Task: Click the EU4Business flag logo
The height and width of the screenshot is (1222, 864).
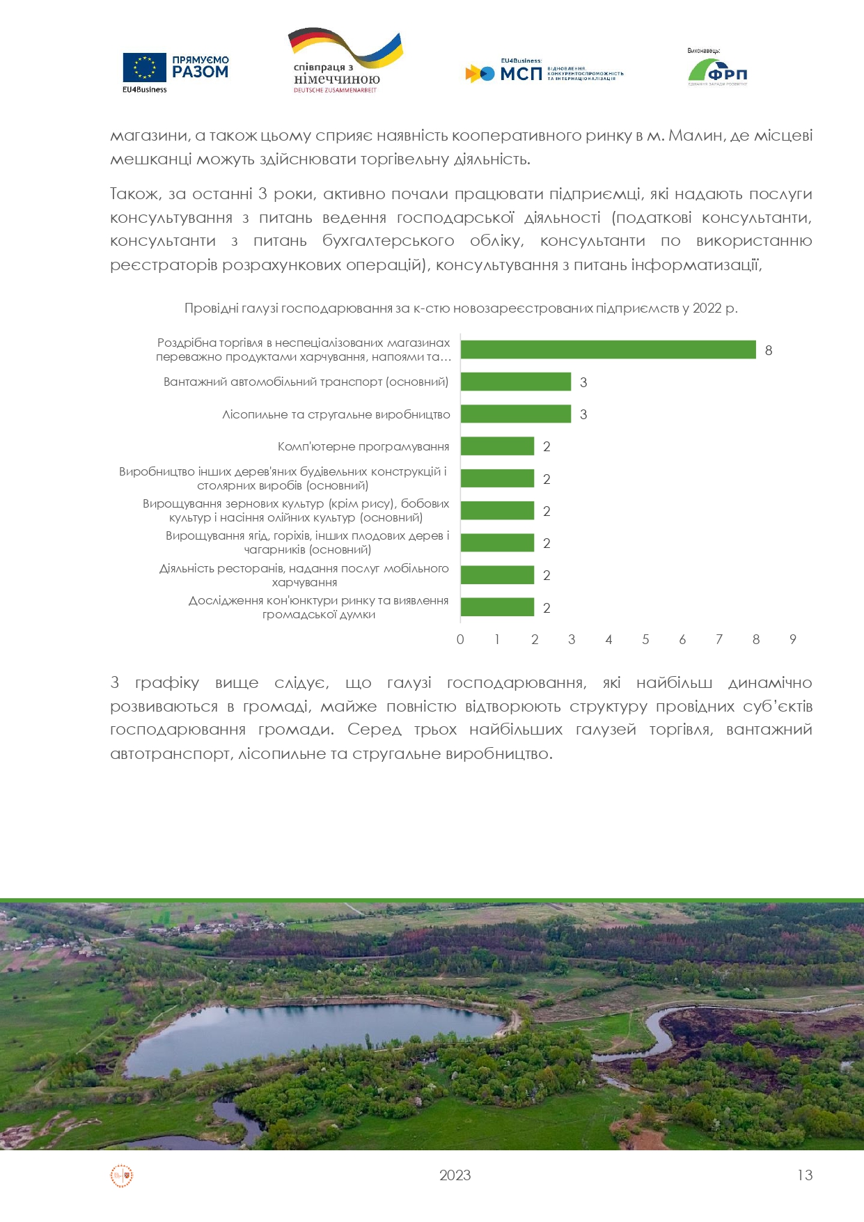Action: pos(145,68)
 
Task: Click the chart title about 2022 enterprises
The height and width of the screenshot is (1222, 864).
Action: pos(461,308)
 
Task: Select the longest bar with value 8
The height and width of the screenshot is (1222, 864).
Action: pos(608,350)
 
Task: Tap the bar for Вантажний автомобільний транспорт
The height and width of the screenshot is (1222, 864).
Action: pos(515,382)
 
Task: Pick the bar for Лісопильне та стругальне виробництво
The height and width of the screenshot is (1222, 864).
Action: pos(515,414)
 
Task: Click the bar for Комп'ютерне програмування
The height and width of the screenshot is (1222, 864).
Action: pos(497,446)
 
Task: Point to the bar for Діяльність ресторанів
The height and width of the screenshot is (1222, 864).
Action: pos(497,575)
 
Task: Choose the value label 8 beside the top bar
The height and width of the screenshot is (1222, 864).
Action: pos(769,350)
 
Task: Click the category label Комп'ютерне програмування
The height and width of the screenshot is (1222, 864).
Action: pos(363,446)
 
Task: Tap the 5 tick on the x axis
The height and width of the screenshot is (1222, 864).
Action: pos(645,639)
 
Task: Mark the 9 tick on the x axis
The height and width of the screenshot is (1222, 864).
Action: pos(792,639)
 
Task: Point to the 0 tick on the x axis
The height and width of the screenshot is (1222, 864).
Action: pos(460,639)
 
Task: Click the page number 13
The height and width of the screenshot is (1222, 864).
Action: pos(805,1175)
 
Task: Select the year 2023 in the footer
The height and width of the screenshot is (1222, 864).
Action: pos(455,1175)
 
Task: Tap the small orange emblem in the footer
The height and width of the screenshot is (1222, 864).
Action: pos(122,1176)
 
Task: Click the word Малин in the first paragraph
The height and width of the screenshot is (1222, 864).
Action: pos(696,136)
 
